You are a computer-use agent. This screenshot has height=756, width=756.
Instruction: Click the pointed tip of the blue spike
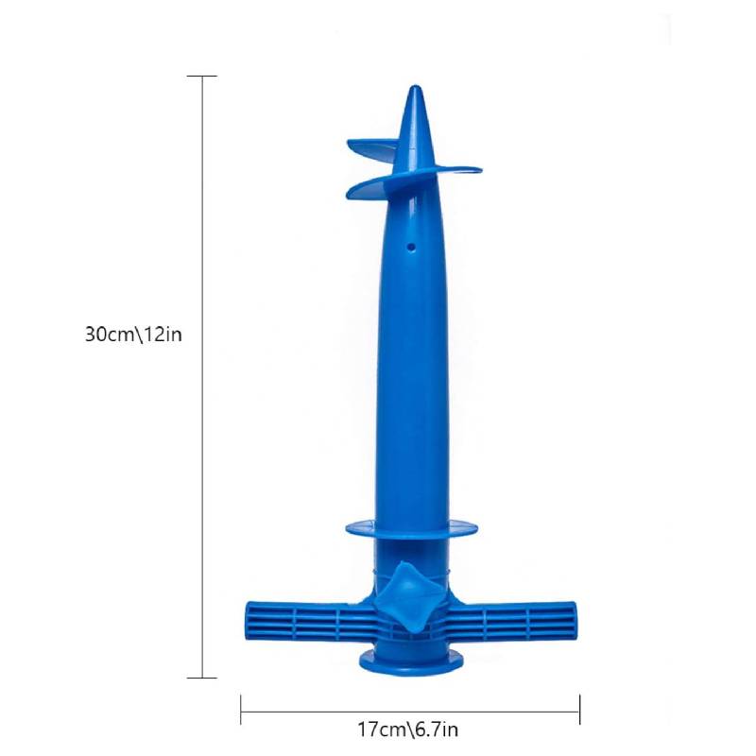(415, 87)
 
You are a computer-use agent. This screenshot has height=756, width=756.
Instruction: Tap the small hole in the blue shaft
(411, 248)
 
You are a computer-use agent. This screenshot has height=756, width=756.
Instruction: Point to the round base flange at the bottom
(412, 661)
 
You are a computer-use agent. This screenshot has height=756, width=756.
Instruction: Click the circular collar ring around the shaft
(412, 529)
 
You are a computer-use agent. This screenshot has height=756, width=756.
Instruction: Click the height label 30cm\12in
(133, 335)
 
